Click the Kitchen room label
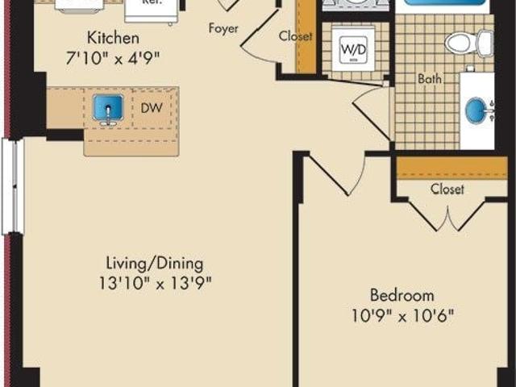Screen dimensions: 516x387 pos(113,38)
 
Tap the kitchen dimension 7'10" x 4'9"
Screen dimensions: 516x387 pos(113,59)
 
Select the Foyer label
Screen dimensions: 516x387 pos(223,28)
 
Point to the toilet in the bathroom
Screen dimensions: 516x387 pos(469,43)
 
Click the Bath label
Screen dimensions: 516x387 pos(430,79)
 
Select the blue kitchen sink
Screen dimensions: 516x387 pos(108,107)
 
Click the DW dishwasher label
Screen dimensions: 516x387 pos(152,107)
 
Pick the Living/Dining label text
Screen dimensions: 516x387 pos(154,264)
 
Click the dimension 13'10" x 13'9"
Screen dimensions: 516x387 pos(155,283)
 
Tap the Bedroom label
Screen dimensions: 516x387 pos(402,295)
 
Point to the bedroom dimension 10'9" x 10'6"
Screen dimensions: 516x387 pos(402,316)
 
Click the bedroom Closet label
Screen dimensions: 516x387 pos(447,189)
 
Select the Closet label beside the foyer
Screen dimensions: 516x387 pos(295,35)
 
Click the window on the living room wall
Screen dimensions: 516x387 pos(13,186)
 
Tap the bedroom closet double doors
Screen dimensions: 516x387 pos(447,214)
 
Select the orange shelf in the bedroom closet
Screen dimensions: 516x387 pos(452,169)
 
